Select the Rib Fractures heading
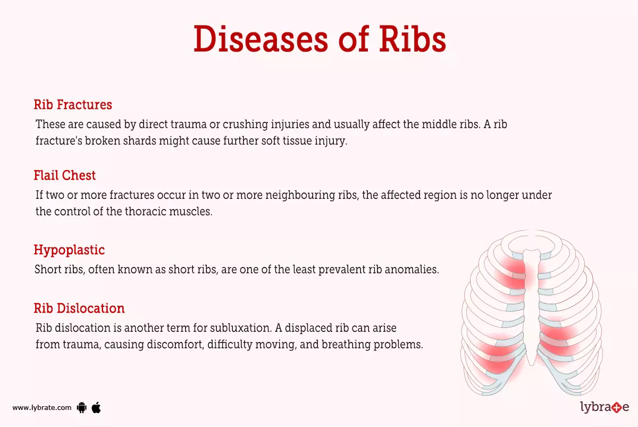click(73, 104)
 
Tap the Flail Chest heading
click(65, 175)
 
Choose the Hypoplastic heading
click(69, 249)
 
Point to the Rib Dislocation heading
click(79, 308)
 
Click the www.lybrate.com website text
click(41, 408)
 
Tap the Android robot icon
click(81, 408)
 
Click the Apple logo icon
click(96, 407)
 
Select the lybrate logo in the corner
click(604, 408)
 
